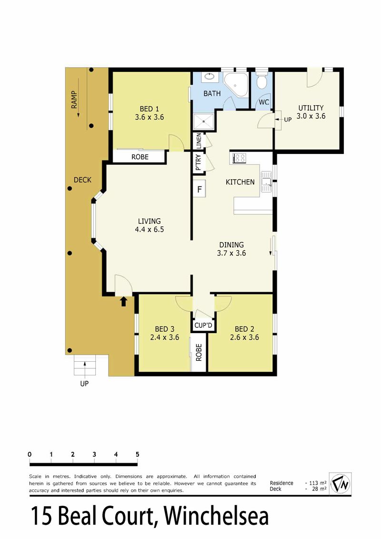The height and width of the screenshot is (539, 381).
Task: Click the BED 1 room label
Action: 149,109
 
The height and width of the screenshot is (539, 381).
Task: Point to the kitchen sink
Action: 266,182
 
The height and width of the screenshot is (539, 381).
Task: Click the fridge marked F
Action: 199,189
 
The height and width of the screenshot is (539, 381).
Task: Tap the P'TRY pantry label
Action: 198,163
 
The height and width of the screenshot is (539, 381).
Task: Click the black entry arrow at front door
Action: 124,301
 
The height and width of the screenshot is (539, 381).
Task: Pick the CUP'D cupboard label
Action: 203,325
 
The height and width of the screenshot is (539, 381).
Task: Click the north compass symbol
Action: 341,484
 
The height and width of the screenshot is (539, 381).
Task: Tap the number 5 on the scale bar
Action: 138,455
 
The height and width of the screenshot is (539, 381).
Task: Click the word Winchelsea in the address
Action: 216,516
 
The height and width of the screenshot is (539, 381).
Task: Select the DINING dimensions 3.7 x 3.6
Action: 231,253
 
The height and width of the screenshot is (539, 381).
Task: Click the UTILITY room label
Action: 311,108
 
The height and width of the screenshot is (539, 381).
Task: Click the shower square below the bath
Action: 204,122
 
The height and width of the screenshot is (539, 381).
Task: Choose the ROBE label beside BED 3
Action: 199,352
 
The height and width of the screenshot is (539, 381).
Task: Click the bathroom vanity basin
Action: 209,77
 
